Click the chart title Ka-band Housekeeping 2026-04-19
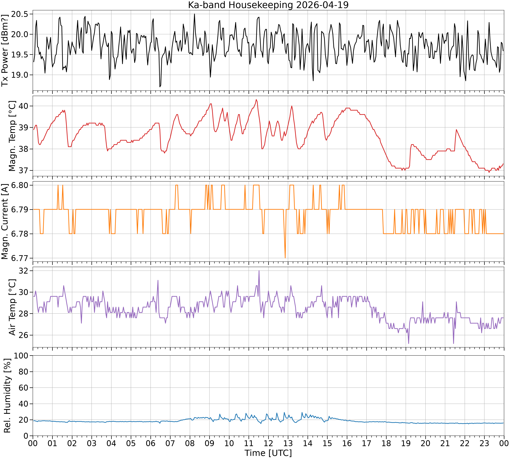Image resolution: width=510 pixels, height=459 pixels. pyautogui.click(x=268, y=5)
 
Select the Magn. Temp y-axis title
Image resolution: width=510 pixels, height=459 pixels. pyautogui.click(x=12, y=136)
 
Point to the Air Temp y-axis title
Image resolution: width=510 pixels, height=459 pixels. pyautogui.click(x=12, y=307)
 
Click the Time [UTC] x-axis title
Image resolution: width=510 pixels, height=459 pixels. pyautogui.click(x=268, y=453)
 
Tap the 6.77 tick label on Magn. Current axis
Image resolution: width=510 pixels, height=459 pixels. pyautogui.click(x=20, y=258)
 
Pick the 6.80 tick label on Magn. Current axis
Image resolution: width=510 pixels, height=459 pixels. pyautogui.click(x=20, y=185)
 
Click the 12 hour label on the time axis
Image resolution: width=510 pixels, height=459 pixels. pyautogui.click(x=268, y=443)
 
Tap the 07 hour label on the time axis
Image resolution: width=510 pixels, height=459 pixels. pyautogui.click(x=170, y=443)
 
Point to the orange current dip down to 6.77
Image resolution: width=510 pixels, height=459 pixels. pyautogui.click(x=285, y=258)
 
